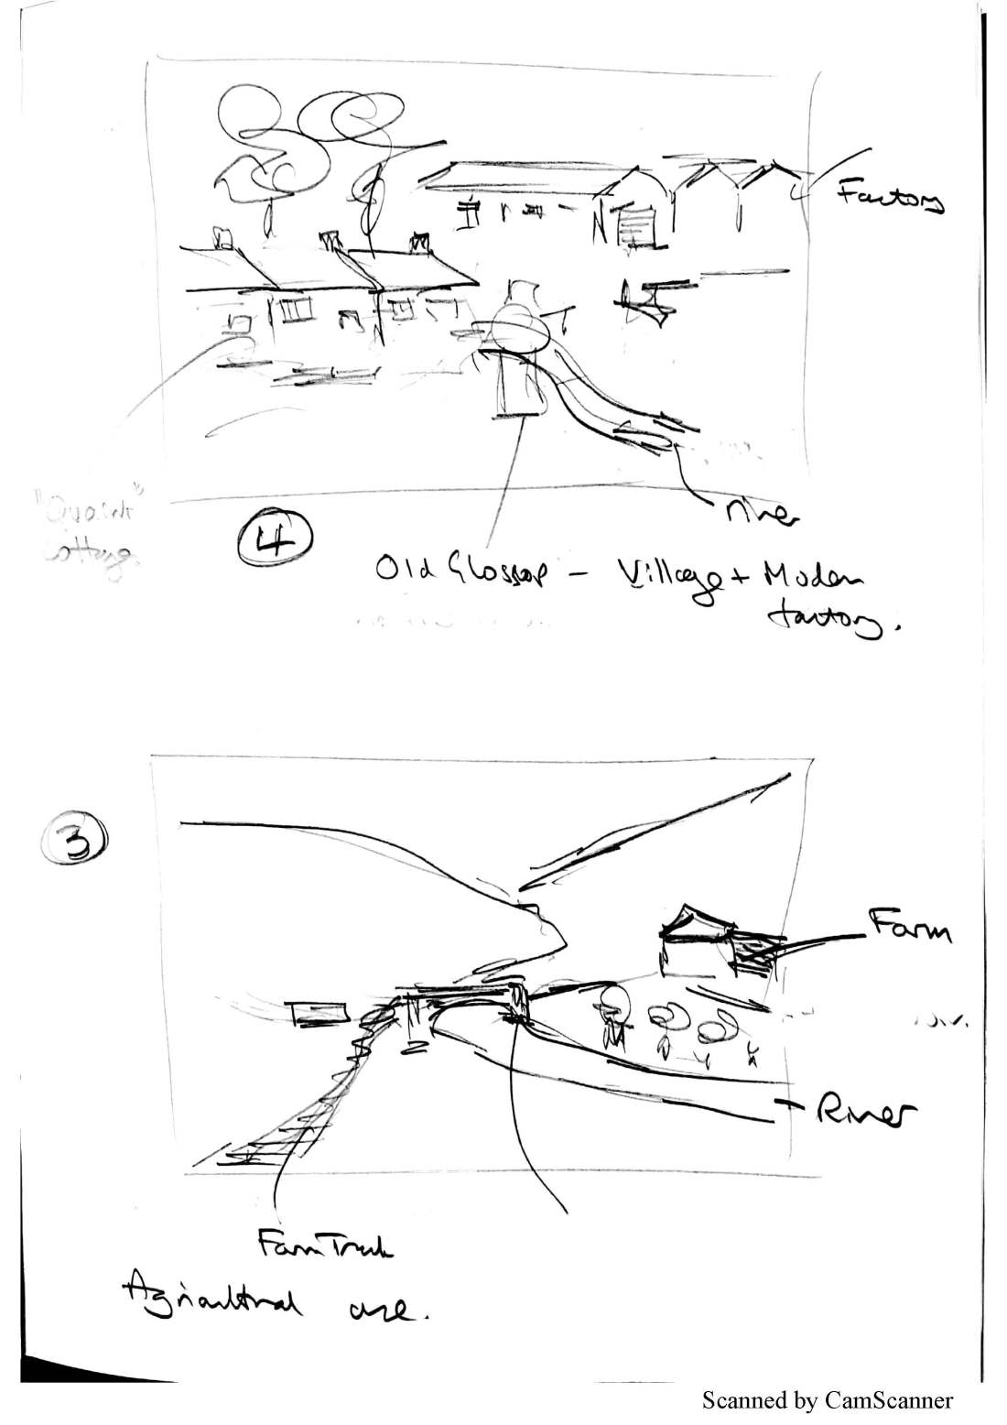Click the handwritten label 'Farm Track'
point(323,1248)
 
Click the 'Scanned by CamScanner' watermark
point(828,1399)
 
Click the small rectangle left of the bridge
point(317,1013)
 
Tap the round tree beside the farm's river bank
point(612,1005)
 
